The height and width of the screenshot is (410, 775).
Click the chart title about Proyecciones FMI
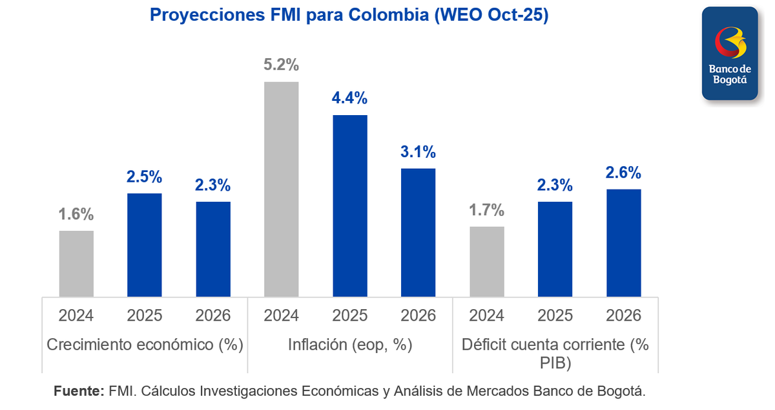349,15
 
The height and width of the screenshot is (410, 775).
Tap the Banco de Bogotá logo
730,54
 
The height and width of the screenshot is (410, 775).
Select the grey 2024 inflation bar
282,189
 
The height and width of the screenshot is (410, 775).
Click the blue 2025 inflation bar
350,206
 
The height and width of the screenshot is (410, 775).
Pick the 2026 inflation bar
418,232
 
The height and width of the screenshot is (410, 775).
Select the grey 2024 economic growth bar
76,263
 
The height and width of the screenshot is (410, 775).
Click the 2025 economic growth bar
145,244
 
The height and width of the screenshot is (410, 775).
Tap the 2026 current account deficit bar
624,243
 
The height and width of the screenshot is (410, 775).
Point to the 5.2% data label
282,65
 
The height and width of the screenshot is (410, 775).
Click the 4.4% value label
350,98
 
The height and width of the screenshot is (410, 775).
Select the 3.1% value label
418,152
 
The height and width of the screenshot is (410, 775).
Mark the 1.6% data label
76,214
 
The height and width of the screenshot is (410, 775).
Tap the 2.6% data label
624,173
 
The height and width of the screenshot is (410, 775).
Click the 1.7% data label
487,210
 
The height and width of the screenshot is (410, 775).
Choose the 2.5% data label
145,177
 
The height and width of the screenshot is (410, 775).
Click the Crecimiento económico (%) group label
145,345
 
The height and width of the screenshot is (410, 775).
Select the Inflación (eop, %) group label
350,345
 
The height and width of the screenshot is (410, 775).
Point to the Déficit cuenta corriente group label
555,353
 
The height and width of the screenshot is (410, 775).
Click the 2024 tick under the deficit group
487,316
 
